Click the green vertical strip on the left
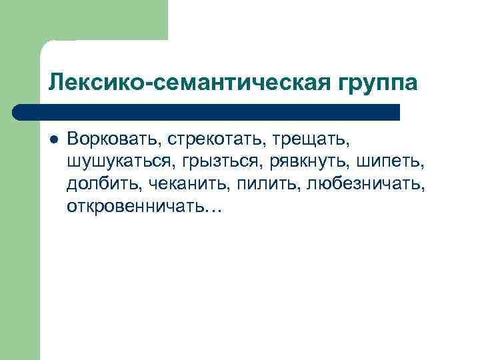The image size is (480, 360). point(20,233)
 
